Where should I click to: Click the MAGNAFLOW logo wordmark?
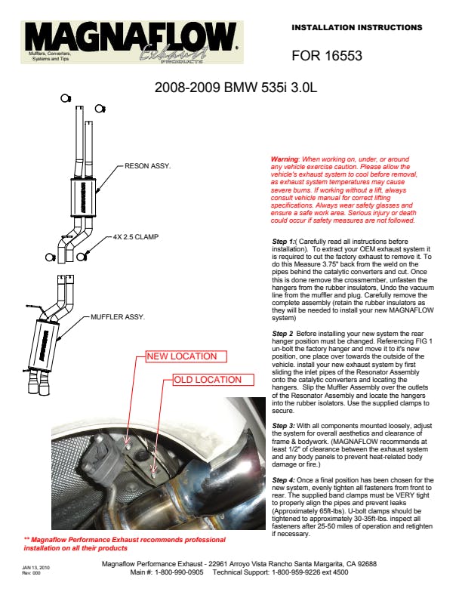[x=128, y=36]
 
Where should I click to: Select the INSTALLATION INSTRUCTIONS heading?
[x=356, y=27]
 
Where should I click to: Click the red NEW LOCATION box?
[x=181, y=356]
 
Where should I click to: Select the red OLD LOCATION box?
[x=208, y=380]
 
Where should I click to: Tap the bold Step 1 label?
[x=285, y=241]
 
